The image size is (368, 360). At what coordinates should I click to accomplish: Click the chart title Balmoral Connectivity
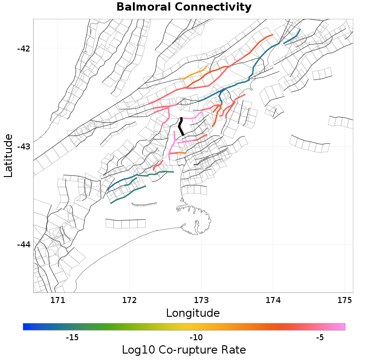point(184,7)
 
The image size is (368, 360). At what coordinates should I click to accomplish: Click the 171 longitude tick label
point(57,300)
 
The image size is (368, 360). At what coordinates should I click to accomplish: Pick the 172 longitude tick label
point(129,300)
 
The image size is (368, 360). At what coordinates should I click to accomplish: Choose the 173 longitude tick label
point(201,300)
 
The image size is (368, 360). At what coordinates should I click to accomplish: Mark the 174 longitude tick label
point(273,300)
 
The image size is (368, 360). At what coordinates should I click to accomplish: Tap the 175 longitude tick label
point(345,300)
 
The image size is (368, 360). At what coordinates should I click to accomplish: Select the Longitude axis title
point(193,314)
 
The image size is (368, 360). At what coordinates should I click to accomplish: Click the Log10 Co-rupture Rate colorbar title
point(184,349)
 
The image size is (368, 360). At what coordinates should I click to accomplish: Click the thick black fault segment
point(181,126)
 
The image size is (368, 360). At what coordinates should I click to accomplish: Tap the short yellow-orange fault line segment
point(195,73)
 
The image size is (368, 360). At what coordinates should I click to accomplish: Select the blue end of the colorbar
point(26,326)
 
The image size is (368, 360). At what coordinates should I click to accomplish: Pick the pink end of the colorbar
point(342,326)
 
